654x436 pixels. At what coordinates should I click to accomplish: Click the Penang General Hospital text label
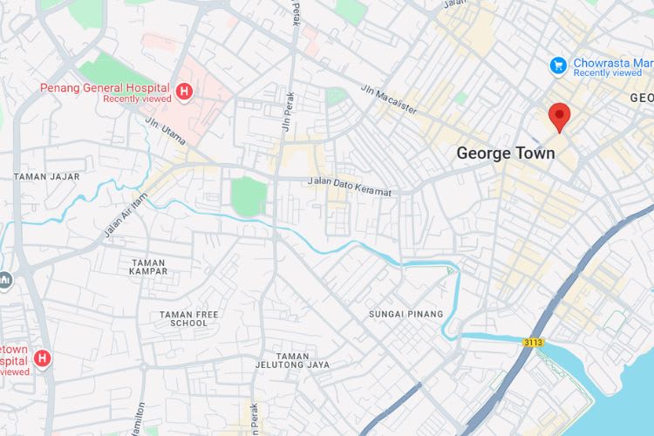[x=105, y=87]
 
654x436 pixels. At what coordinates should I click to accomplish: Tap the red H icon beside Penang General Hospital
[x=184, y=92]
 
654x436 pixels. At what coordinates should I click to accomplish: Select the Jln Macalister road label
[x=389, y=99]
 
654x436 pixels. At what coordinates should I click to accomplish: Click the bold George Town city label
[x=506, y=153]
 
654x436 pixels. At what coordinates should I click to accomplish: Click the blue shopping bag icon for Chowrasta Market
[x=558, y=65]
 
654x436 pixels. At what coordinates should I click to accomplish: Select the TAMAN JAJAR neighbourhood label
[x=46, y=176]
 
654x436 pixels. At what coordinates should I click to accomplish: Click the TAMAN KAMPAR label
[x=148, y=268]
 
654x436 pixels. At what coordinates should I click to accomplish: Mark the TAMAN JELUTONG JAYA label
[x=292, y=360]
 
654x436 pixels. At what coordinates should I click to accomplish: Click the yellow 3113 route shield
[x=533, y=343]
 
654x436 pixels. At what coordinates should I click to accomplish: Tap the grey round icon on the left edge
[x=4, y=281]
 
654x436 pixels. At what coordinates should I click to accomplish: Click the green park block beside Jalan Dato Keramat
[x=249, y=195]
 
